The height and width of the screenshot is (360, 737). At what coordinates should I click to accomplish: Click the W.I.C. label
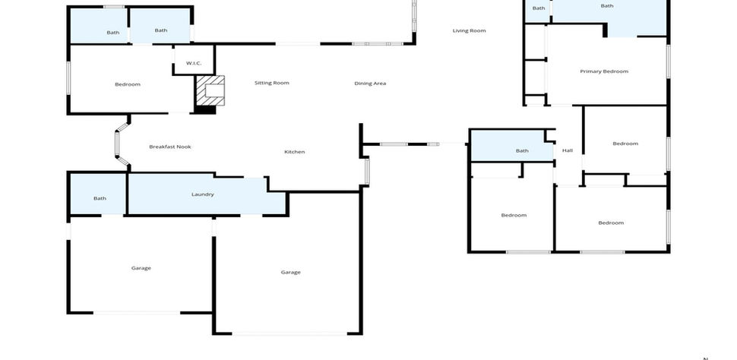[194, 63]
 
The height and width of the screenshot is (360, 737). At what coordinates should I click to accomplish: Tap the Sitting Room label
[272, 84]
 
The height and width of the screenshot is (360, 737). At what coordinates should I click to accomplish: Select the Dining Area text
[370, 84]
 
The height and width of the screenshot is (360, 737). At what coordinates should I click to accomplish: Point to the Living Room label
[469, 31]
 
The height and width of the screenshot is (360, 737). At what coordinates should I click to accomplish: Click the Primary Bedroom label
[604, 71]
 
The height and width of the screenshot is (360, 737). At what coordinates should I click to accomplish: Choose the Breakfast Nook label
[170, 147]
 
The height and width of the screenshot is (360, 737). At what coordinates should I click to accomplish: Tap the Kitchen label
[295, 152]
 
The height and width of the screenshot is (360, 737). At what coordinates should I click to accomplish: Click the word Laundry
[203, 194]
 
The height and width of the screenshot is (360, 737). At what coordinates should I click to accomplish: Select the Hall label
[568, 151]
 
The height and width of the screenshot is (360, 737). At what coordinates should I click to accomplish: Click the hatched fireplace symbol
[210, 90]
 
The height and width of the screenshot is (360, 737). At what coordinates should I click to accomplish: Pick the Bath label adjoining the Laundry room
[100, 198]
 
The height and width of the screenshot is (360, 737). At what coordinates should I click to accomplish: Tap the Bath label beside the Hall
[522, 151]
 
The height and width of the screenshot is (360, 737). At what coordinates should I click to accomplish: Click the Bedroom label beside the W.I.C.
[128, 84]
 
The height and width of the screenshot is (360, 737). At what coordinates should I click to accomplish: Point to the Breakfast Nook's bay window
[117, 144]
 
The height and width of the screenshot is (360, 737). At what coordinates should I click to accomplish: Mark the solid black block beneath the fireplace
[205, 110]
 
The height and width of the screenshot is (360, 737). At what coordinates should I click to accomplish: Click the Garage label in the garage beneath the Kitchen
[290, 273]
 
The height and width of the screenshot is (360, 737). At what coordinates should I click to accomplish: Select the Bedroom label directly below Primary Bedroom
[625, 144]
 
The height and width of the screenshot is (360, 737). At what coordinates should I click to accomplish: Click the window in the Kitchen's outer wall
[367, 172]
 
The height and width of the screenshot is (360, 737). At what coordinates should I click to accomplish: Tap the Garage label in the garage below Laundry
[141, 268]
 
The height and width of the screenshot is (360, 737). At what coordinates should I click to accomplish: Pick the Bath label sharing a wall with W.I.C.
[161, 30]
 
